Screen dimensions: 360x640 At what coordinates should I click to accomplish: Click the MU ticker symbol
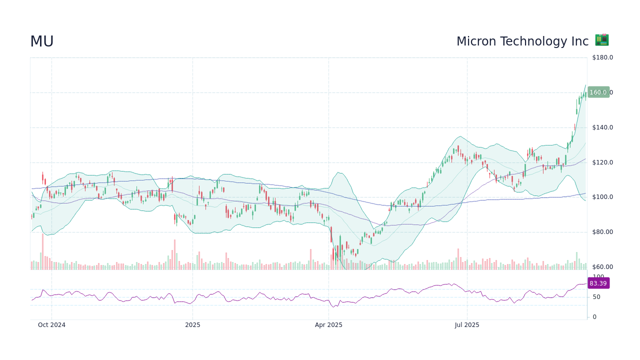pos(42,42)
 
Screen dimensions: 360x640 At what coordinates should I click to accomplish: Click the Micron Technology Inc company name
pos(522,41)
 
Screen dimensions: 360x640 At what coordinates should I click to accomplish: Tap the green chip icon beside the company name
pos(601,40)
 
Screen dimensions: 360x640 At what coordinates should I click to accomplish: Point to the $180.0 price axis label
pos(602,57)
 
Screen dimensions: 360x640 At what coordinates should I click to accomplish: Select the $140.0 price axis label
pos(602,127)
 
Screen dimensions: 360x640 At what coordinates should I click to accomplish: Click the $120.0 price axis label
pos(602,162)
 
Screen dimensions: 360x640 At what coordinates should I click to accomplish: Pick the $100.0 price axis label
pos(602,197)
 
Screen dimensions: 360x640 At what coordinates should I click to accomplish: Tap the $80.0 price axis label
pos(602,232)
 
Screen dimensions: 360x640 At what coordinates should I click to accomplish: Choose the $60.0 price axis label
pos(602,267)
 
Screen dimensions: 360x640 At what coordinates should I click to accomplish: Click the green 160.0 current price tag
pos(598,92)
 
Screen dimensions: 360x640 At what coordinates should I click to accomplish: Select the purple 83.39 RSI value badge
pos(598,283)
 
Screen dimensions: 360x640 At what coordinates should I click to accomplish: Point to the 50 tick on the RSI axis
pos(596,297)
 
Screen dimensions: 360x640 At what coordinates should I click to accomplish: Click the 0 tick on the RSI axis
pos(594,317)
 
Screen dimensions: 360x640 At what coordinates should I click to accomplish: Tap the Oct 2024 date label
pos(51,325)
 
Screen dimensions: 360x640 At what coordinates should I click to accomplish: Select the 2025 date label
pos(192,325)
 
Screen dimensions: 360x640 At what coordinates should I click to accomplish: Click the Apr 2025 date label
pos(328,325)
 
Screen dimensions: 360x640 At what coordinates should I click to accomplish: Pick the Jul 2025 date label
pos(467,325)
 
